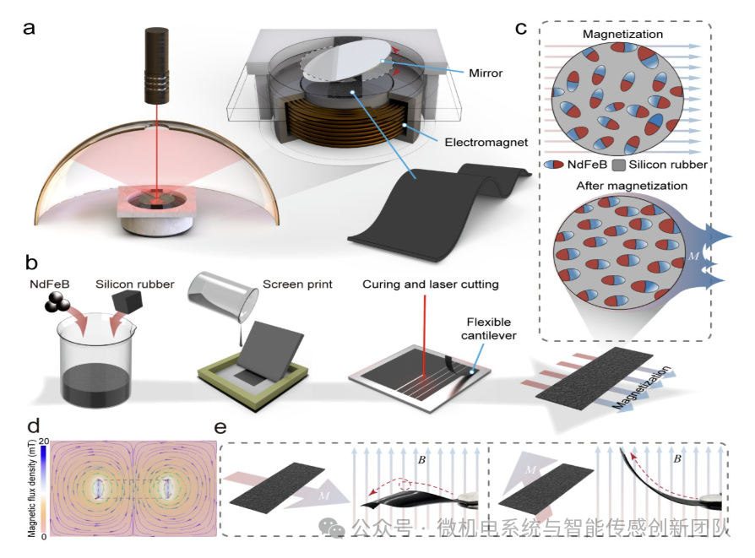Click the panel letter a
click(x=29, y=28)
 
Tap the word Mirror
click(x=486, y=73)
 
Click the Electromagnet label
click(x=486, y=143)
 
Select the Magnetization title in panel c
click(x=622, y=34)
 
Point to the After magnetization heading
click(x=632, y=186)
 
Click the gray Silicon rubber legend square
click(x=618, y=165)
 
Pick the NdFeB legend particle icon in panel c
click(x=553, y=165)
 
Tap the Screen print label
click(x=297, y=284)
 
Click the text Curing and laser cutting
click(x=431, y=284)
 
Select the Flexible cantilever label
click(x=489, y=329)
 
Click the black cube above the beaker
click(x=128, y=301)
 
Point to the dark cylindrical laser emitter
click(x=156, y=66)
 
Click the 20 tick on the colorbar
click(x=44, y=441)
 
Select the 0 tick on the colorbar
click(x=44, y=536)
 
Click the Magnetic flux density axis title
click(x=32, y=488)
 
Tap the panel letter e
click(x=220, y=427)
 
